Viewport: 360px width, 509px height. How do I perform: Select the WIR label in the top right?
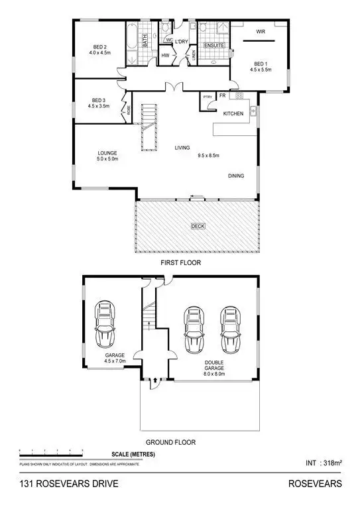coord(261,30)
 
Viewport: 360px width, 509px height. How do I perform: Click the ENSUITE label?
coord(214,45)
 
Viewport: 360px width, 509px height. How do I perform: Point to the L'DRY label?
coord(182,40)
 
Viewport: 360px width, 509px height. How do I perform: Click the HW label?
coord(165,56)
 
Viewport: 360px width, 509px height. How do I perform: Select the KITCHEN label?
coord(233,114)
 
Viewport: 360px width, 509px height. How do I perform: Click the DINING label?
coord(236,176)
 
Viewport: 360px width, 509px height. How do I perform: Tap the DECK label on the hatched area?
coord(198,226)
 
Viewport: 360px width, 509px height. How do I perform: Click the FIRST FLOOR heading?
coord(180,262)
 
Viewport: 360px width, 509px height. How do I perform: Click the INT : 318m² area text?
coord(324,463)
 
